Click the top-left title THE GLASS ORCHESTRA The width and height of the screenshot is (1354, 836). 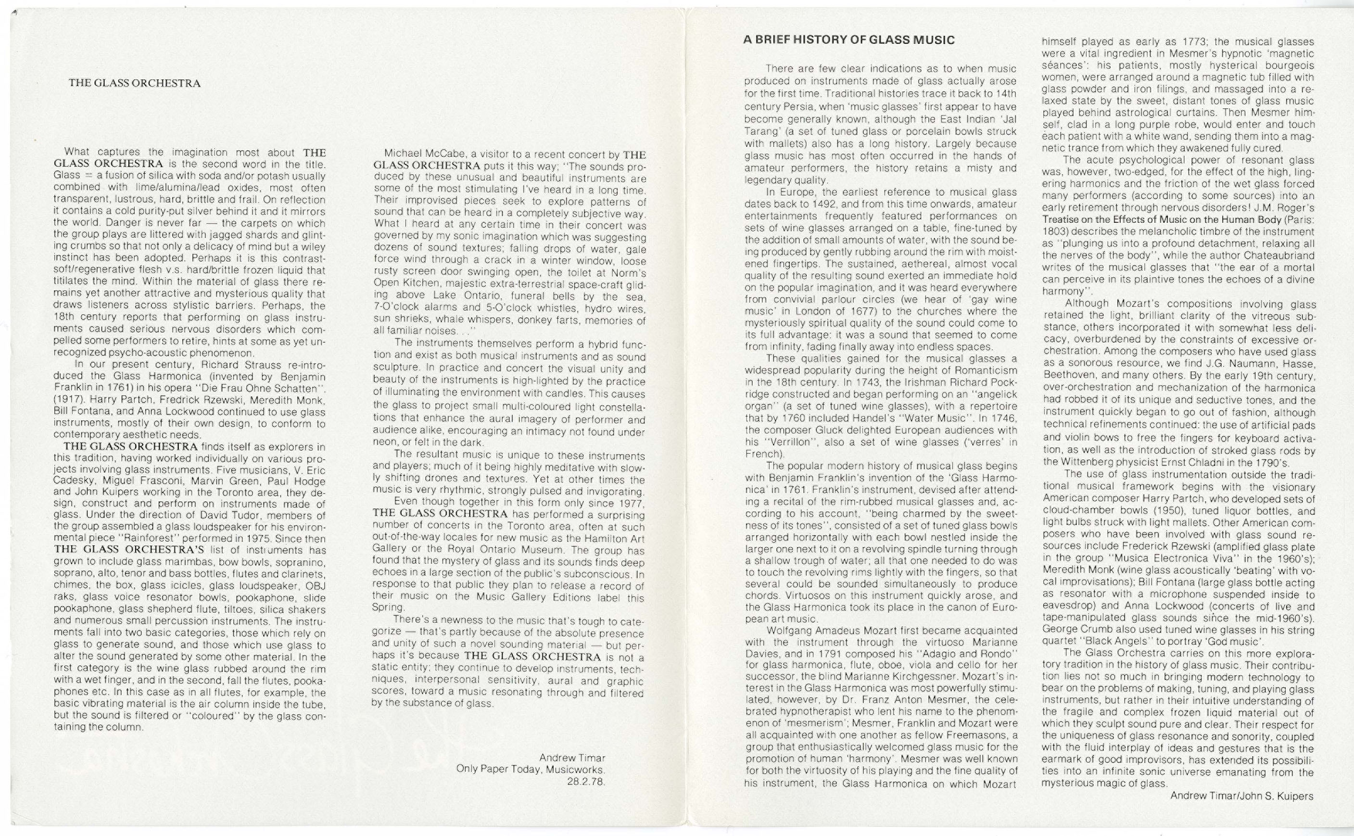point(134,84)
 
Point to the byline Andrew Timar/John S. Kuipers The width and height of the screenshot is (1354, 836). point(1241,796)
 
